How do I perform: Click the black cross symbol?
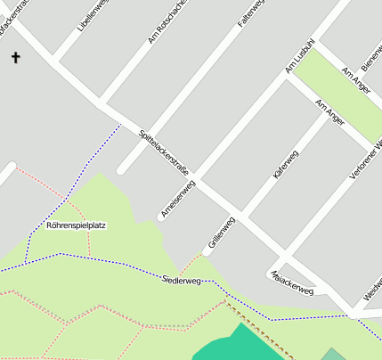[15, 59]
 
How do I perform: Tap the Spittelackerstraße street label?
[164, 152]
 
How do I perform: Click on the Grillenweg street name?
[220, 233]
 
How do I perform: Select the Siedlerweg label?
[182, 281]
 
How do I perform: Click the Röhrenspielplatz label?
[76, 225]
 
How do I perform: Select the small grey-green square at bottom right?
[333, 354]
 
